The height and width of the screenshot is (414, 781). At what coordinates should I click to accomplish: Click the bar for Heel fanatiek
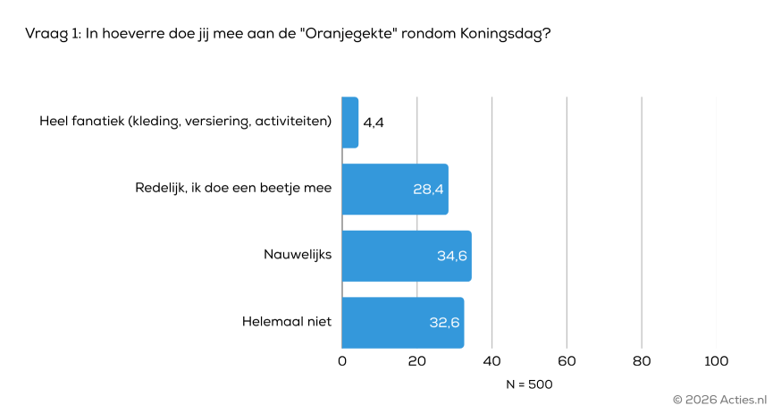pos(350,123)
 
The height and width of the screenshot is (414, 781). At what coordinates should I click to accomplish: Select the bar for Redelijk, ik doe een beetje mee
pos(395,189)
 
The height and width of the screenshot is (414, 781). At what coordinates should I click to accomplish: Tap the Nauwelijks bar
pos(407,256)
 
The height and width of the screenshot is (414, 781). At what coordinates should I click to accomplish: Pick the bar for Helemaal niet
pos(403,323)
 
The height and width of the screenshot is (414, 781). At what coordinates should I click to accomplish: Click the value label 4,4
pos(374,123)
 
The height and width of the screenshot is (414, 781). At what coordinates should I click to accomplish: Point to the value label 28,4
pos(428,190)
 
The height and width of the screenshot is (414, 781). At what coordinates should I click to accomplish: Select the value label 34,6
pos(452,257)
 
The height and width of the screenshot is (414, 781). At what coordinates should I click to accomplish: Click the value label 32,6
pos(444,323)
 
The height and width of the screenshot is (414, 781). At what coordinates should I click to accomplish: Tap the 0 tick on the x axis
pos(342,361)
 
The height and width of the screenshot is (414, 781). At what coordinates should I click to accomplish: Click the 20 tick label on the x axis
pos(417,361)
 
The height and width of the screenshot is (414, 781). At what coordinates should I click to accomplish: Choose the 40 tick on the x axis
pos(491,361)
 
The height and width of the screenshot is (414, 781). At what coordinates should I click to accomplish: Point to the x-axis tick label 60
pos(567,361)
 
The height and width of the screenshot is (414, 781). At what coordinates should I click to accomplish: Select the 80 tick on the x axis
pos(641,361)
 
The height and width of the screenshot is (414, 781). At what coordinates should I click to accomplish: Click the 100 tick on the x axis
pos(716,361)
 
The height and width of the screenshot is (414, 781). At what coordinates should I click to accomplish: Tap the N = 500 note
pos(529,384)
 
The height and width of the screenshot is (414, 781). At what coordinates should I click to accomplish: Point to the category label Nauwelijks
pos(298,255)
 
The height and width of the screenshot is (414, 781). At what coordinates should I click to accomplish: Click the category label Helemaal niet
pos(287,322)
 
